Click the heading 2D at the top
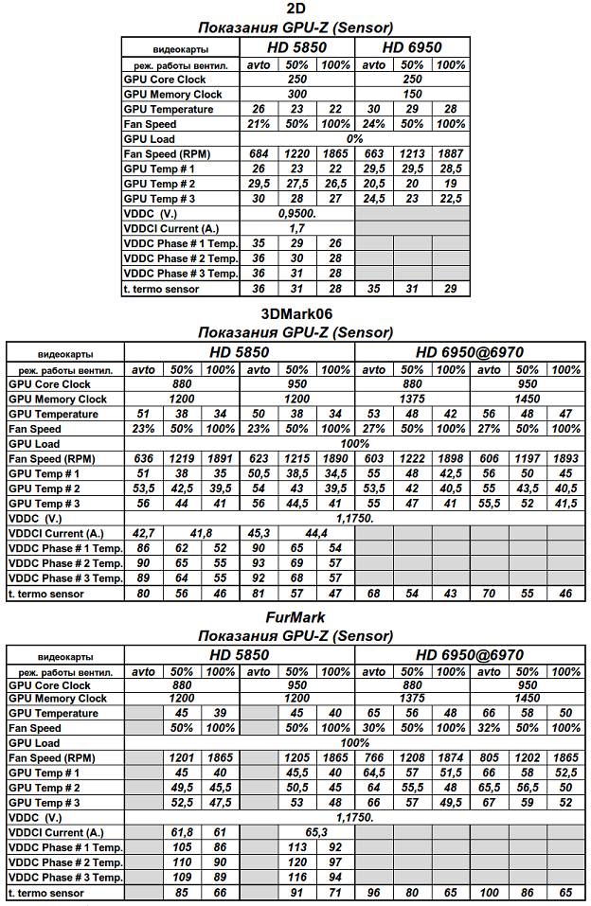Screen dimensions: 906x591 (x=295, y=9)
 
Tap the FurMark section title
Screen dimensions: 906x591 (x=295, y=619)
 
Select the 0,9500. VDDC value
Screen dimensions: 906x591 (x=297, y=214)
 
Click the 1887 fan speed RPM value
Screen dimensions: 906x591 (x=451, y=154)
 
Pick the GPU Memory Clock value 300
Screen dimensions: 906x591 (x=297, y=95)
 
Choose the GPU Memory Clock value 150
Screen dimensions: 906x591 (x=412, y=95)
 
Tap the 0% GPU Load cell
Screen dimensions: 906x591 (x=354, y=139)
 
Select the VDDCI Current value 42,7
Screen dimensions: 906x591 (x=144, y=534)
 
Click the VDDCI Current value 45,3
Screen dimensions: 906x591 (x=259, y=534)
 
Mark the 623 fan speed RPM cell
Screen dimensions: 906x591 (x=259, y=458)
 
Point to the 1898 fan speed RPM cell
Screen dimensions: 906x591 (x=451, y=458)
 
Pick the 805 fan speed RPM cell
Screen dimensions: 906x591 (x=490, y=757)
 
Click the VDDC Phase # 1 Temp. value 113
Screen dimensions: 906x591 (x=297, y=847)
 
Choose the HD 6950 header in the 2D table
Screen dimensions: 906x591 (x=412, y=47)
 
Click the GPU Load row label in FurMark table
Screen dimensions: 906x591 (x=34, y=743)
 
